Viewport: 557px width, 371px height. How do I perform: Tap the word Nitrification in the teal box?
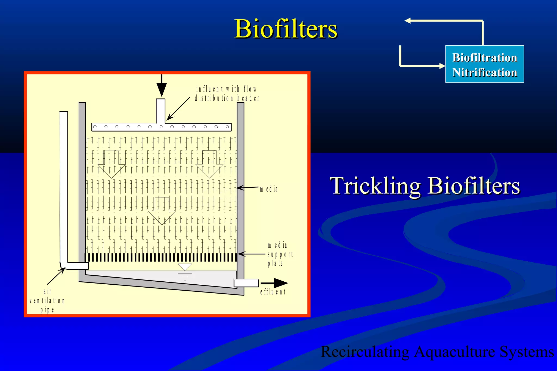pos(485,73)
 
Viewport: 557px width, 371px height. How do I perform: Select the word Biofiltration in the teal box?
pos(485,58)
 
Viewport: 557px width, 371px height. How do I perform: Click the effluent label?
pos(273,292)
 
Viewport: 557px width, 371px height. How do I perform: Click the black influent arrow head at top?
pos(162,89)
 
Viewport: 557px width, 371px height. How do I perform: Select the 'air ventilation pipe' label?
pos(47,301)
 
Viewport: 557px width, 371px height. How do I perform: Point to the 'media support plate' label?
pos(280,254)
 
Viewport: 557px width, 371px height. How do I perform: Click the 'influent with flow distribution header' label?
pos(227,94)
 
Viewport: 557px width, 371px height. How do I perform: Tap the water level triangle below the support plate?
pos(185,267)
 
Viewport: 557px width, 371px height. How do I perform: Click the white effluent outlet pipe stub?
pos(246,283)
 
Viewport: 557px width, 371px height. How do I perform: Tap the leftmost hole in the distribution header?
pos(95,127)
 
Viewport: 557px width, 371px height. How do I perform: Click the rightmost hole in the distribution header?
pos(227,127)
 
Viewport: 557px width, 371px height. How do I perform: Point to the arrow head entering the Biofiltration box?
pos(442,66)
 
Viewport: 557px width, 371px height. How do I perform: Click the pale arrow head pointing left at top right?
pos(407,21)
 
